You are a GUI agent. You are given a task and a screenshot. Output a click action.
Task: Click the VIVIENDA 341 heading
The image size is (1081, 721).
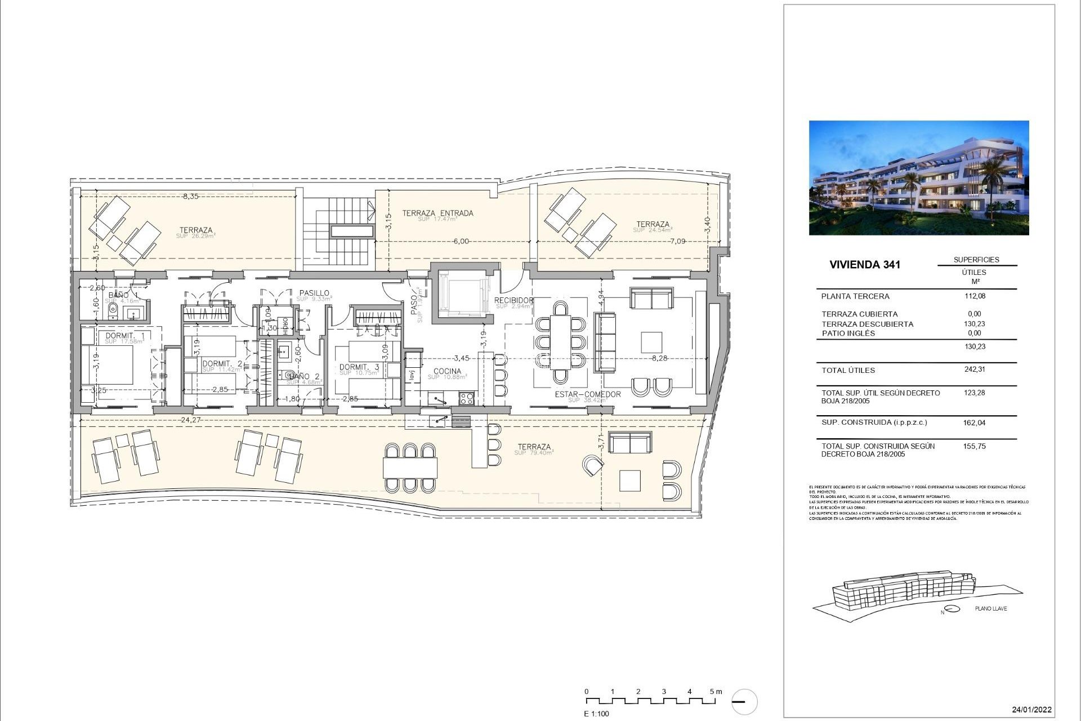[865, 265]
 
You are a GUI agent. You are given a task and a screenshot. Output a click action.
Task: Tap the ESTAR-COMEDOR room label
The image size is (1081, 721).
[587, 394]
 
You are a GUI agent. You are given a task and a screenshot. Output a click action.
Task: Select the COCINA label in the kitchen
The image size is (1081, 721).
[447, 371]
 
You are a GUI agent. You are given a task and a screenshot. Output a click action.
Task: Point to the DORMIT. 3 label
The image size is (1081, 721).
[359, 367]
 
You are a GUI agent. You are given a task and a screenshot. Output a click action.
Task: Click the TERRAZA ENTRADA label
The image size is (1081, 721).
[437, 213]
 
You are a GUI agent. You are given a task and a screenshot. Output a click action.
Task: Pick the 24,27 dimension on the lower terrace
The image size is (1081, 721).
[192, 420]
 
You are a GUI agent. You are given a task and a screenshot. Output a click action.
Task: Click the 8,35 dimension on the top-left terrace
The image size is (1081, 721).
[190, 197]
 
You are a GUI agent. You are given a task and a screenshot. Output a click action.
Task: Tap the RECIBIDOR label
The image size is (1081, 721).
[513, 300]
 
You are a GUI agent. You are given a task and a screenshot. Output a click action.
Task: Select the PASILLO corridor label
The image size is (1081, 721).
[314, 293]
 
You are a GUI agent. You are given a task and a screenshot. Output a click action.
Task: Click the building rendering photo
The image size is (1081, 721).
[918, 177]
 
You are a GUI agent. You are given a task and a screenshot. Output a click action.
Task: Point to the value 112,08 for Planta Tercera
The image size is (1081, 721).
[975, 296]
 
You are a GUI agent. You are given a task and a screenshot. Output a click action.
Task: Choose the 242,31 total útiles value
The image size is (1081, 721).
[975, 370]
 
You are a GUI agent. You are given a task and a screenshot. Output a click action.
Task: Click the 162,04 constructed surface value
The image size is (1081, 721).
[975, 422]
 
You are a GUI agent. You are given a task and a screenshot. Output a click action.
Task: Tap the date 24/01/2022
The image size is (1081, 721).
[1031, 710]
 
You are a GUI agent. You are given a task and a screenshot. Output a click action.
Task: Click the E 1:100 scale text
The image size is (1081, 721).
[596, 714]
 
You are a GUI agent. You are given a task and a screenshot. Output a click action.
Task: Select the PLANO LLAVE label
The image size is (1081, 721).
[991, 608]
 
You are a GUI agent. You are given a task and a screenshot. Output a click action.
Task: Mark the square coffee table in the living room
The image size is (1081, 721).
[651, 342]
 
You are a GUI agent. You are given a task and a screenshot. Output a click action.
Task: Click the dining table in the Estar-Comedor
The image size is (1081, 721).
[560, 342]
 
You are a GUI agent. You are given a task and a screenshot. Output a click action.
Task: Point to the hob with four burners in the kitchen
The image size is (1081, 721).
[467, 398]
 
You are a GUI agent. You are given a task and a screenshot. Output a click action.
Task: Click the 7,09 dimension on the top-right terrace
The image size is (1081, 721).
[677, 241]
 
